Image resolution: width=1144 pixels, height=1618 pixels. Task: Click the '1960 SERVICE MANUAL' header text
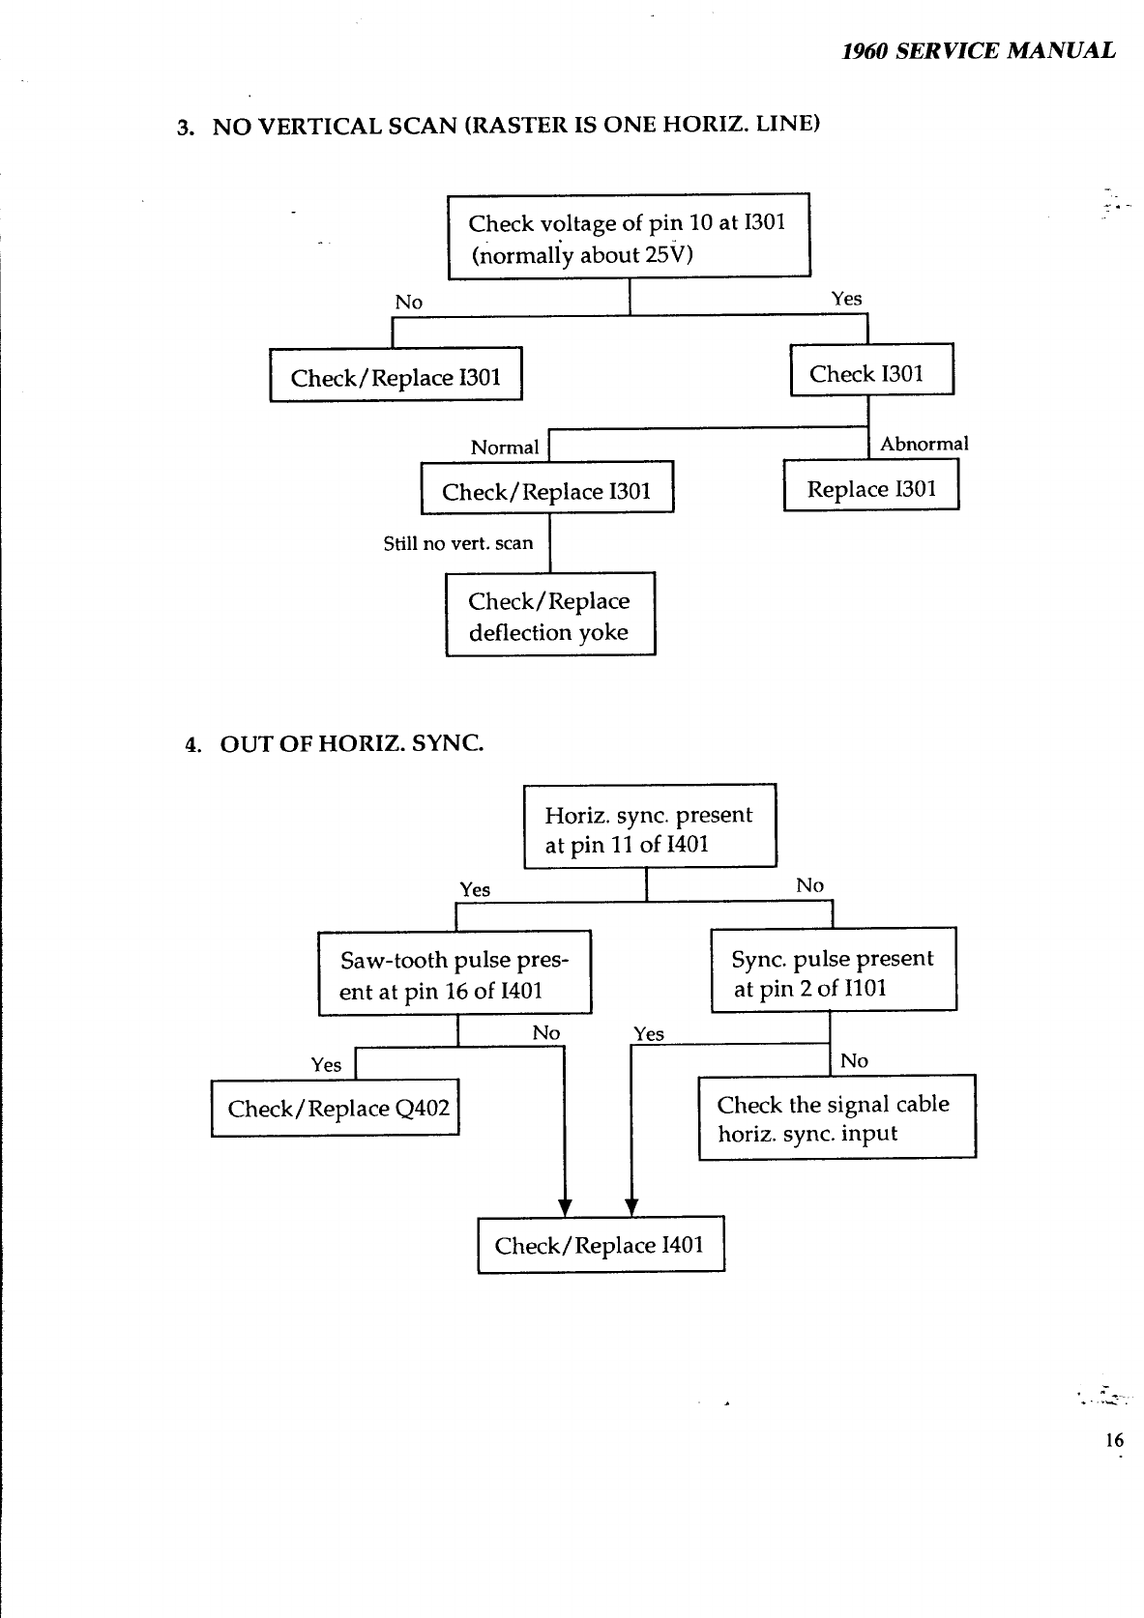(978, 50)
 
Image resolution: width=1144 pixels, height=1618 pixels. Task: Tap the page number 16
(1114, 1440)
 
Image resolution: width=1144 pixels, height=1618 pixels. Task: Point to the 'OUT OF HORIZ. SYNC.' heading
(351, 743)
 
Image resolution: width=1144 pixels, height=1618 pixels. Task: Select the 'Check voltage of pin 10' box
(628, 236)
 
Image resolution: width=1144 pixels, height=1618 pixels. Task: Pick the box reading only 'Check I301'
(871, 370)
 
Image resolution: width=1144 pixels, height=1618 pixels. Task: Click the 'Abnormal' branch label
(924, 444)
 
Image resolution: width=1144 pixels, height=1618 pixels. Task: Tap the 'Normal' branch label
(504, 448)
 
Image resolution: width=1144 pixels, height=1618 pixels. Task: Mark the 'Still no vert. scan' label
(457, 543)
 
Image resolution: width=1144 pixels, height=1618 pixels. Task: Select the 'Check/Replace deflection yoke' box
(549, 615)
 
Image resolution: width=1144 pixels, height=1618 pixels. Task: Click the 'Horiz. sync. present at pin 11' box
(649, 826)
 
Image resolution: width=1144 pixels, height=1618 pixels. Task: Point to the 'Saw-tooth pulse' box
(455, 973)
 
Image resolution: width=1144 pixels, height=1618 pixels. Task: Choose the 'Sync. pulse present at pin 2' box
(833, 970)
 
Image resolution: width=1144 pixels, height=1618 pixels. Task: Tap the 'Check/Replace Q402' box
(335, 1108)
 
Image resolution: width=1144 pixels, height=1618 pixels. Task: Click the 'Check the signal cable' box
(836, 1117)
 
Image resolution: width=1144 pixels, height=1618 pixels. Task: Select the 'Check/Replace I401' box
(601, 1245)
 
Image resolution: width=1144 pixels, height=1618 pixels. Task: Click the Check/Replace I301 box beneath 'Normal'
(546, 488)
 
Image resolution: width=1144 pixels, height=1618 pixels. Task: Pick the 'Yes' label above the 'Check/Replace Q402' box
(326, 1065)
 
